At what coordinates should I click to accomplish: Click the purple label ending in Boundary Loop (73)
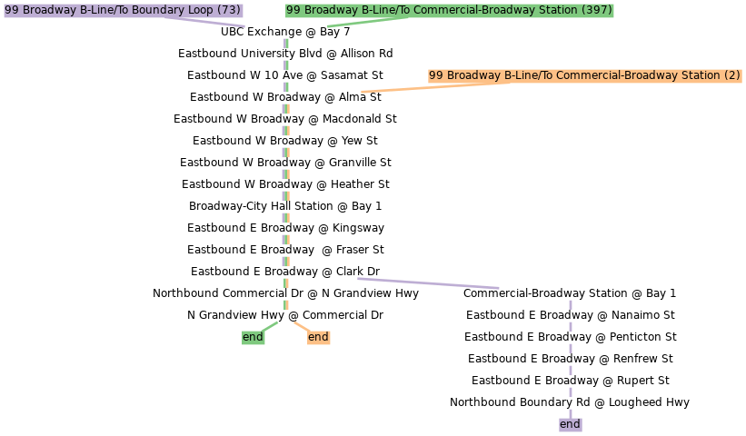(x=123, y=10)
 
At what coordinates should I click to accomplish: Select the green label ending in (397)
(x=449, y=10)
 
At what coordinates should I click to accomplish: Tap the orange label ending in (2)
(x=584, y=75)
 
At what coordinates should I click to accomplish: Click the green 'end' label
(x=253, y=337)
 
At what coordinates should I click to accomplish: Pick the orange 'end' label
(x=318, y=337)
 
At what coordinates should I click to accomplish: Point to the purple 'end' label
(x=570, y=424)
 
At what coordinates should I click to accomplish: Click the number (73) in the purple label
(x=230, y=10)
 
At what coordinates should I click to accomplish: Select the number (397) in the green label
(x=596, y=10)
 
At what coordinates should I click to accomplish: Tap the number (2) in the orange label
(x=732, y=75)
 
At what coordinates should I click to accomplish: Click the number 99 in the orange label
(x=436, y=75)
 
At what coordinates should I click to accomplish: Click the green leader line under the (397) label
(x=367, y=21)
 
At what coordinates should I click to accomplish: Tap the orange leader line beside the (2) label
(x=409, y=88)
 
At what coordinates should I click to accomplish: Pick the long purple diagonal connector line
(x=428, y=283)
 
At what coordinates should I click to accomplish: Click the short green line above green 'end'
(x=270, y=326)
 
